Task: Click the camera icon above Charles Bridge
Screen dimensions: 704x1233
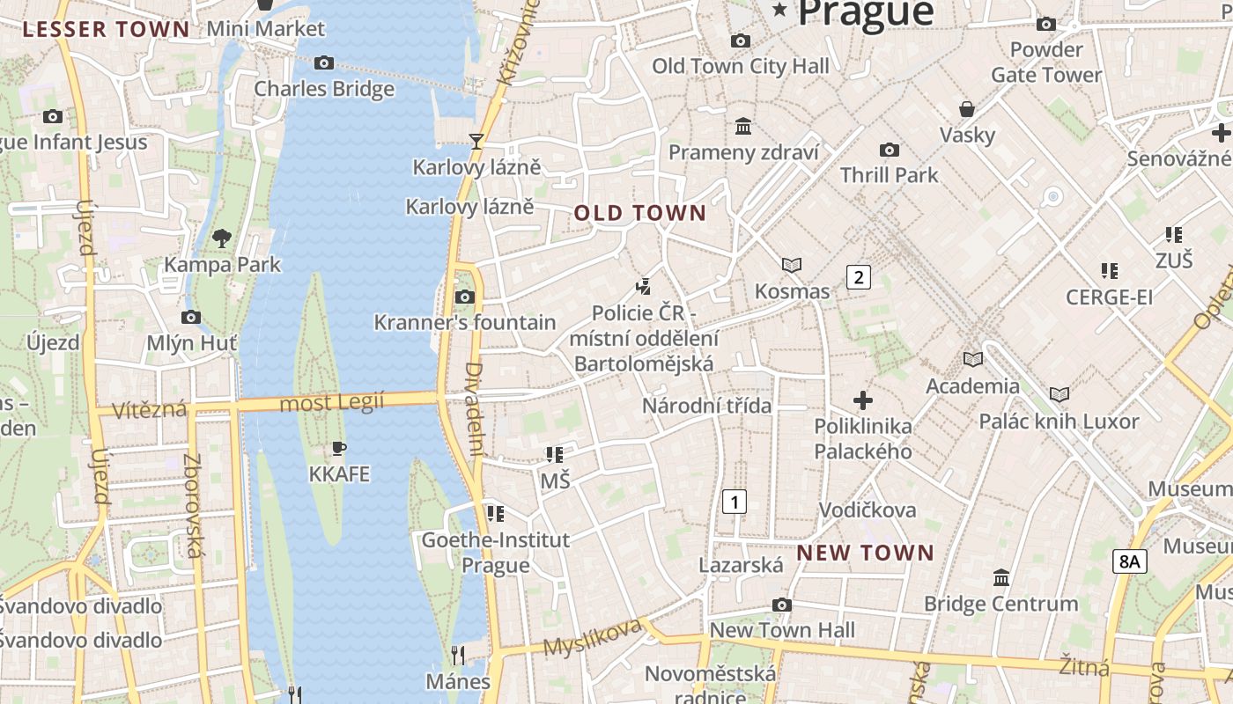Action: coord(324,62)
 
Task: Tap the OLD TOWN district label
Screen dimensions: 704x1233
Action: coord(640,213)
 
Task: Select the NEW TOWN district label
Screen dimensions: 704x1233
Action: coord(865,553)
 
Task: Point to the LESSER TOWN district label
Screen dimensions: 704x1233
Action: coord(107,29)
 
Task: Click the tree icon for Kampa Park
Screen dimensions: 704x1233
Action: coord(222,238)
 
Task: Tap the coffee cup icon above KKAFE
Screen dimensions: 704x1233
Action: coord(339,449)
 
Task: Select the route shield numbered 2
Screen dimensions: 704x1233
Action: coord(858,277)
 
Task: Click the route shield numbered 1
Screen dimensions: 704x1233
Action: coord(734,502)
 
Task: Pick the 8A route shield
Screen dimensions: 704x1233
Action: coord(1130,561)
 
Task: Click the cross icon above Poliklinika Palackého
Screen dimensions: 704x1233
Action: coord(863,401)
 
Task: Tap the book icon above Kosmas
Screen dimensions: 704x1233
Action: coord(792,265)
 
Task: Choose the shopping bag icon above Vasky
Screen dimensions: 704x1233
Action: coord(967,109)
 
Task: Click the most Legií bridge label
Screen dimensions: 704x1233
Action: coord(332,403)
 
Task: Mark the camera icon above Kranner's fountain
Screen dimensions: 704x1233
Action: coord(464,297)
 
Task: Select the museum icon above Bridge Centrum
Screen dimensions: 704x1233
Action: coord(1001,578)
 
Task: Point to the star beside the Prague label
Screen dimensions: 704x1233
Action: coord(779,10)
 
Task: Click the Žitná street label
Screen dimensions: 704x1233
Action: coord(1083,666)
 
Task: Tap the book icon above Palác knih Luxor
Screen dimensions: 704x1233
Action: coord(1059,395)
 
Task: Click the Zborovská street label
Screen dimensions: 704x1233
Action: coord(194,506)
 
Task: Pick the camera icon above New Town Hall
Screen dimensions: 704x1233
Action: coord(781,605)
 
